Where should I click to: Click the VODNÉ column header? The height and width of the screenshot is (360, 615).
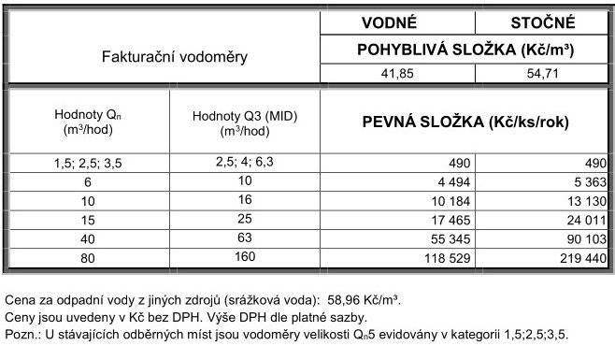[x=395, y=22]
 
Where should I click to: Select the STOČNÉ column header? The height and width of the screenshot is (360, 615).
[x=543, y=22]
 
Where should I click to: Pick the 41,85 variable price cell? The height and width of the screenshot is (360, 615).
[x=395, y=75]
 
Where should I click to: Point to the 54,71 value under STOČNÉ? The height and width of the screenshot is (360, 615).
[x=543, y=75]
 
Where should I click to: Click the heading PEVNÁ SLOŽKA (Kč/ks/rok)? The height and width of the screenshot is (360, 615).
[x=465, y=122]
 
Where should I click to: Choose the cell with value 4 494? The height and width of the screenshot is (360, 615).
[x=445, y=180]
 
